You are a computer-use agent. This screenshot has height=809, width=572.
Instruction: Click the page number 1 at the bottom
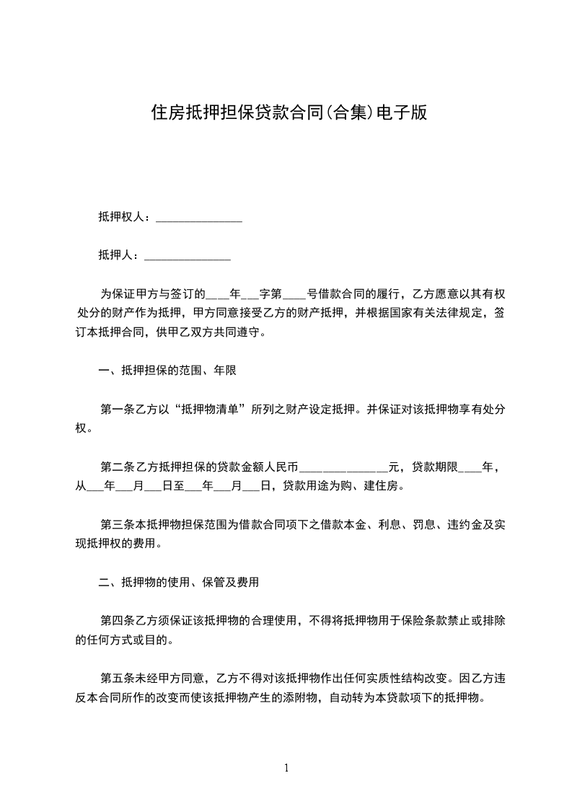[286, 768]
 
